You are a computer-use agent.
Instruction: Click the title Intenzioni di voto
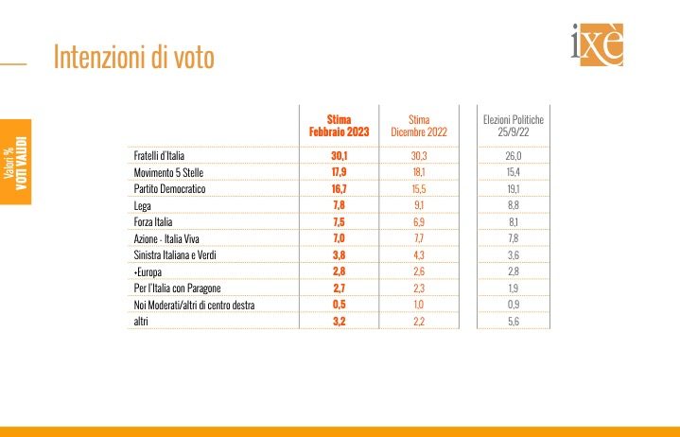(x=133, y=58)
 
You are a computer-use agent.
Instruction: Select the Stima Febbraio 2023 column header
(x=339, y=126)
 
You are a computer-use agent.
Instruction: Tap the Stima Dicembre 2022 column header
(x=418, y=126)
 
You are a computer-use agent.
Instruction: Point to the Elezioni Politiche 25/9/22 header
(x=514, y=126)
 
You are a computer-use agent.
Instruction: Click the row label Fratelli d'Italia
(x=165, y=155)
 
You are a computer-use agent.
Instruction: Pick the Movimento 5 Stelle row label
(x=168, y=172)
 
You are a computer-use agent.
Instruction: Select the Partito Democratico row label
(x=167, y=189)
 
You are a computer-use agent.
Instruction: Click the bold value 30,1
(x=340, y=155)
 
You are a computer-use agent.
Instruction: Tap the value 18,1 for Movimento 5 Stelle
(x=418, y=172)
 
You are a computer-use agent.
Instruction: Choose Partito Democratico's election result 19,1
(x=514, y=189)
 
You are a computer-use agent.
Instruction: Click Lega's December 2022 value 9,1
(x=418, y=205)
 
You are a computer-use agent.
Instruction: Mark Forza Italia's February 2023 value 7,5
(x=340, y=222)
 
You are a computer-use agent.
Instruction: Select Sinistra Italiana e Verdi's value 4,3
(x=418, y=255)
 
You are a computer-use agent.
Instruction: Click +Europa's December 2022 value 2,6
(x=418, y=272)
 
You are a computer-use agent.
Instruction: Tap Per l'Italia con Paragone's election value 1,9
(x=514, y=288)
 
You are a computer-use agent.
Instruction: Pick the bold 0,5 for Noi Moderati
(x=340, y=305)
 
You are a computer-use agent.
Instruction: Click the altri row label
(x=141, y=322)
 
